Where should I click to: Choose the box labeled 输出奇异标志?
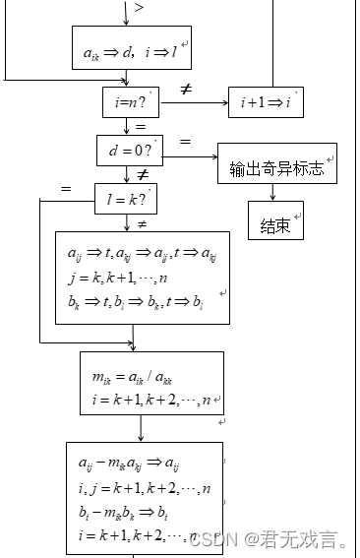pyautogui.click(x=276, y=167)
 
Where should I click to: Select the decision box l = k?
pyautogui.click(x=125, y=199)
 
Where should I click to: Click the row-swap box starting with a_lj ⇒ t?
pyautogui.click(x=142, y=279)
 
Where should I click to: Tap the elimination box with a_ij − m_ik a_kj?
pyautogui.click(x=145, y=497)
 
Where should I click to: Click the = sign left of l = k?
pyautogui.click(x=66, y=188)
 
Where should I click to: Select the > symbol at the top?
pyautogui.click(x=139, y=8)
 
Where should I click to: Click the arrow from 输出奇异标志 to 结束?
pyautogui.click(x=276, y=194)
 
